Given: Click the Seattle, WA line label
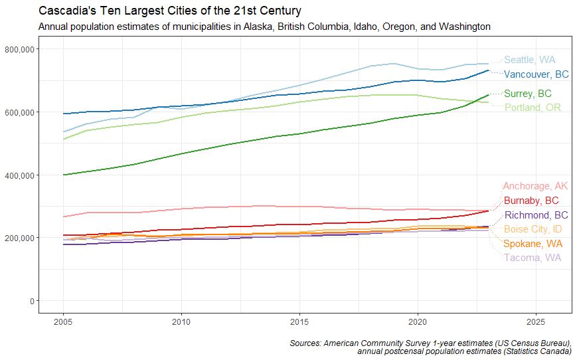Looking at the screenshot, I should tap(529, 60).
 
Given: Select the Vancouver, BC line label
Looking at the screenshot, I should tap(536, 74).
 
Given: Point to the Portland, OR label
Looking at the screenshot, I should tap(532, 108).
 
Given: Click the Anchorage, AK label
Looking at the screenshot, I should tap(535, 186).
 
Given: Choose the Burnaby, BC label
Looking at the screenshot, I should tap(531, 201).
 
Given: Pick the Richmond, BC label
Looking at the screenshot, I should tap(536, 215).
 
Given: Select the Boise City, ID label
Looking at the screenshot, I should tap(533, 229).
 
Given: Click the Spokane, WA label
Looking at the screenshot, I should tap(533, 244).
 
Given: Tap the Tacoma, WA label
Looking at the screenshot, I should tap(532, 258).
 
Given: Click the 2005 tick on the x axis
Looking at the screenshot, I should tap(63, 322).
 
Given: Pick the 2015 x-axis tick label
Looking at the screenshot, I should tap(299, 322).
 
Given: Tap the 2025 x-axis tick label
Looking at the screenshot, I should tap(536, 322).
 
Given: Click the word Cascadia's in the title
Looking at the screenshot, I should tap(65, 11).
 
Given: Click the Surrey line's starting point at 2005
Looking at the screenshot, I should tap(63, 175).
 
